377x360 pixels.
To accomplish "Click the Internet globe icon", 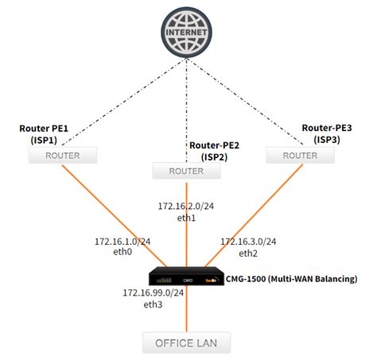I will [188, 31].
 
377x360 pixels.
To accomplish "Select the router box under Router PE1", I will [62, 155].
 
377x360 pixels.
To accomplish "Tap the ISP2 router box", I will [185, 170].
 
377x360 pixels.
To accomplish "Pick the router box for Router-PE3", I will [300, 155].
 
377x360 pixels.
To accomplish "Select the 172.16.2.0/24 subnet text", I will [186, 206].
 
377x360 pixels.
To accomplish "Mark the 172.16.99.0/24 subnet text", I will [153, 292].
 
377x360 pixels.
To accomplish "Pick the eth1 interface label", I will [186, 217].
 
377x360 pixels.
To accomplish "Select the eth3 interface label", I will [153, 304].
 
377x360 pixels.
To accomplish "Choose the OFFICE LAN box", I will [187, 343].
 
